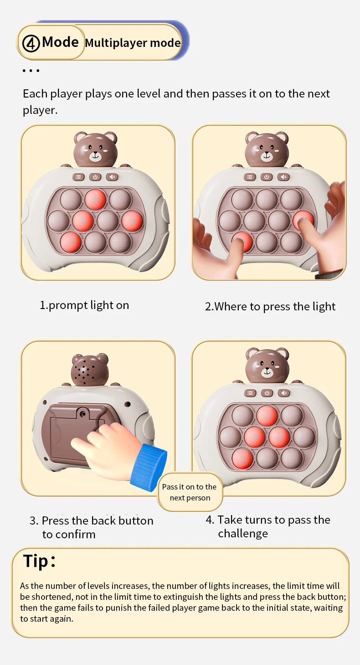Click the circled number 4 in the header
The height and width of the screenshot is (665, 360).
[31, 43]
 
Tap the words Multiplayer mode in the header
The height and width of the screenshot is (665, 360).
[133, 43]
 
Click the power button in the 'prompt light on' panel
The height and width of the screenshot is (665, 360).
[95, 177]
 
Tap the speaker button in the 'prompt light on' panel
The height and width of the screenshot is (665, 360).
[112, 177]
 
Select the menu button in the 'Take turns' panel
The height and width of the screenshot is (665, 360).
[250, 393]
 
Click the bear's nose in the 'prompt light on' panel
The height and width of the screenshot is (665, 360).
[95, 154]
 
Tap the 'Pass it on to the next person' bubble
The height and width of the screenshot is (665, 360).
[190, 492]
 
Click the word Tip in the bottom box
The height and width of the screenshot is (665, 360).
[36, 561]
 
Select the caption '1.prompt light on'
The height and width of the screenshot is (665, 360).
[85, 305]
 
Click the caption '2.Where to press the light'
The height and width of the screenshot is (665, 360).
[270, 306]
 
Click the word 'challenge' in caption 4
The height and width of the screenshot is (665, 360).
[243, 533]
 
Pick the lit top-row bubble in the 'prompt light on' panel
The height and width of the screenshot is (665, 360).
[95, 199]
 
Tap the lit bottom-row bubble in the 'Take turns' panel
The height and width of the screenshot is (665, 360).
[242, 459]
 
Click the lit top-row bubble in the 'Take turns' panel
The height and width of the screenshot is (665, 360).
[267, 416]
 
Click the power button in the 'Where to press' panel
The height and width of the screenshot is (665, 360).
[267, 177]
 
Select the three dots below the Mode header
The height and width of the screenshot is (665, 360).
[31, 71]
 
